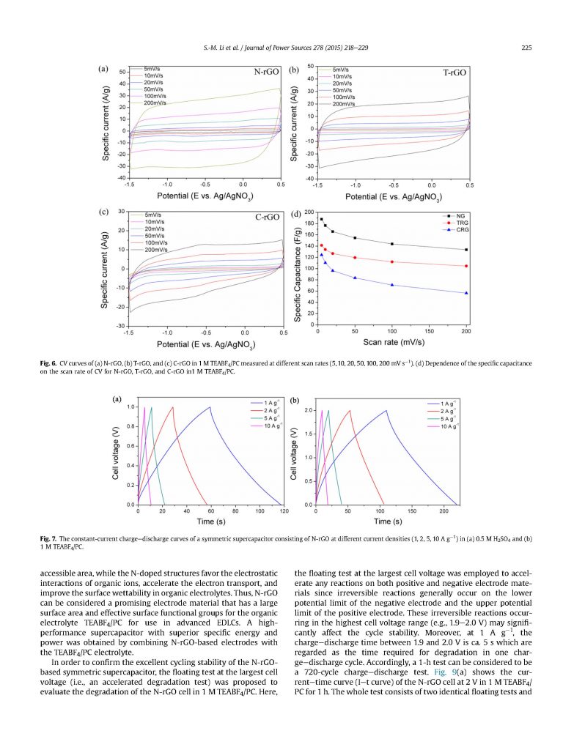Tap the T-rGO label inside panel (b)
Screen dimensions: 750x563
tap(455, 73)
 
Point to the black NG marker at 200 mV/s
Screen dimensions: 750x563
tap(466, 250)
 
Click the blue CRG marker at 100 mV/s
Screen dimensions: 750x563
tap(392, 285)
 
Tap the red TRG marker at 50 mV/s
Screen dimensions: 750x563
tap(355, 258)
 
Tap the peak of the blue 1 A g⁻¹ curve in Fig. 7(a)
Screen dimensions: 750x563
tap(210, 407)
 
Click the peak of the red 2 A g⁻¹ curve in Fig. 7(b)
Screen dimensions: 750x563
tap(350, 411)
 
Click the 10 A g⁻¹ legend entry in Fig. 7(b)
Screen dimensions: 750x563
tap(450, 426)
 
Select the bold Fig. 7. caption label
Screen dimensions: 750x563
tap(51, 539)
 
